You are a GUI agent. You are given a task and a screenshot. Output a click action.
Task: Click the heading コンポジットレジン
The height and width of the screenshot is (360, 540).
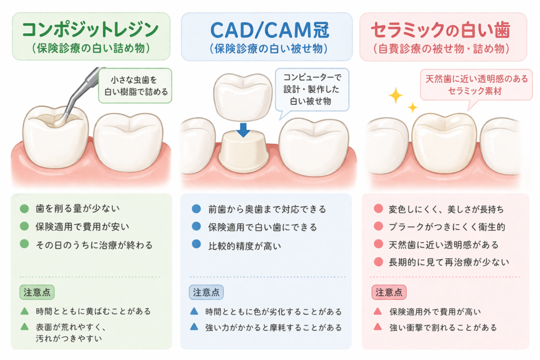point(91,29)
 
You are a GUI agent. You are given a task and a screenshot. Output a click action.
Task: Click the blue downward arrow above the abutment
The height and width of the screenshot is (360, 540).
point(243,129)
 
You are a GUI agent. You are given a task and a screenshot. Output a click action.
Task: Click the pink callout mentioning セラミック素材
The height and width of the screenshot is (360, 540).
point(476,84)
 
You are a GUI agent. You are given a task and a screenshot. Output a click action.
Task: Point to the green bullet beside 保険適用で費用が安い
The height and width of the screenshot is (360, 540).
point(24,227)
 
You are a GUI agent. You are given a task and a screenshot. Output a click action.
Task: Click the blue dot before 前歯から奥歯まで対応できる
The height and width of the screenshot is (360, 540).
point(196,209)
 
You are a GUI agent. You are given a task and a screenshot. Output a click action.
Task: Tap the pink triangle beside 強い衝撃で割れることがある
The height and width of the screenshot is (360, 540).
point(378,327)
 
